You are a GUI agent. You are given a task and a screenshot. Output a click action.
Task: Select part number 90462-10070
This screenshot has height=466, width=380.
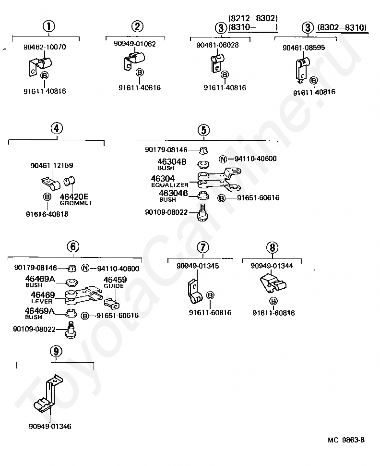pyautogui.click(x=45, y=48)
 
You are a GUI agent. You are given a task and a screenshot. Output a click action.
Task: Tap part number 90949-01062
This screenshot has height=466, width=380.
pyautogui.click(x=135, y=44)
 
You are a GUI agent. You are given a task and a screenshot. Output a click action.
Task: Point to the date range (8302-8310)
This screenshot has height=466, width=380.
pyautogui.click(x=342, y=28)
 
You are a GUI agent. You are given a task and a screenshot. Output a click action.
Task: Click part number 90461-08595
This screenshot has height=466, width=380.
pyautogui.click(x=304, y=48)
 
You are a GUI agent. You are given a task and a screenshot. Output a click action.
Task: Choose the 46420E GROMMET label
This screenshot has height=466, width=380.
pyautogui.click(x=75, y=199)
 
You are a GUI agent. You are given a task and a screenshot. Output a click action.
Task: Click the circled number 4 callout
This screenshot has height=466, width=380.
pyautogui.click(x=56, y=128)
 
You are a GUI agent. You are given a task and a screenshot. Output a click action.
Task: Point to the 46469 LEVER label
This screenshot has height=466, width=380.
pyautogui.click(x=42, y=297)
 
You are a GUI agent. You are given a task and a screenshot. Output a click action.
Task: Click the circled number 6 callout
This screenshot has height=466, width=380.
pyautogui.click(x=72, y=246)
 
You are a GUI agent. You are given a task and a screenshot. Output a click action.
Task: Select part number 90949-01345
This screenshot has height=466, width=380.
pyautogui.click(x=198, y=266)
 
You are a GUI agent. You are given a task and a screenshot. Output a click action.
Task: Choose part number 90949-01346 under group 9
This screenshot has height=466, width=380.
pyautogui.click(x=50, y=426)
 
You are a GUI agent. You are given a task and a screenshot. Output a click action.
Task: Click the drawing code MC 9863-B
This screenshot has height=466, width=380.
pyautogui.click(x=346, y=440)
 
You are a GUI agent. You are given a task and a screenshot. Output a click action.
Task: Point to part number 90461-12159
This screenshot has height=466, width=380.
pyautogui.click(x=52, y=166)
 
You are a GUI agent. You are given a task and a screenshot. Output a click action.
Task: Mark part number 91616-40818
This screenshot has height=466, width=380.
pyautogui.click(x=47, y=214)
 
